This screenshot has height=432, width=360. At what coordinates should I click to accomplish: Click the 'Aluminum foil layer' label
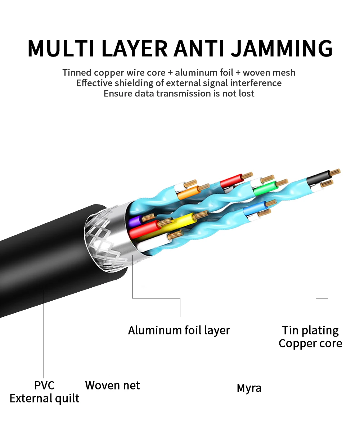point(179,330)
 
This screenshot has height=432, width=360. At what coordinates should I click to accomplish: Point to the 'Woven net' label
point(112,385)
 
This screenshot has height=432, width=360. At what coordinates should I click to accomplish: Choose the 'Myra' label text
point(249,388)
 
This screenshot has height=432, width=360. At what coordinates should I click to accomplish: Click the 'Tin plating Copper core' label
point(310,337)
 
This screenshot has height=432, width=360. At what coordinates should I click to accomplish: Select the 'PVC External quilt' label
point(44,392)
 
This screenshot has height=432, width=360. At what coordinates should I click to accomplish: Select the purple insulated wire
point(136,220)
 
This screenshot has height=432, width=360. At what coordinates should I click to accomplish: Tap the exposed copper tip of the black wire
point(336,171)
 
